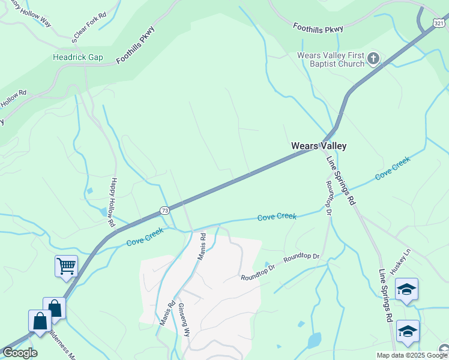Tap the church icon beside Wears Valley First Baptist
tap(373, 59)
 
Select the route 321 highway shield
tap(439, 23)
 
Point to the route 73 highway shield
tap(164, 210)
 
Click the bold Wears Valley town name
tap(318, 146)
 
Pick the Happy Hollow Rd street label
tap(112, 202)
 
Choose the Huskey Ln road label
tap(399, 262)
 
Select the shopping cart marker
tap(66, 265)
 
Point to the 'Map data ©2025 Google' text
tap(412, 355)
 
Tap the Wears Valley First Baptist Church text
tap(331, 59)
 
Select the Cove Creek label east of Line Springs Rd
tap(393, 168)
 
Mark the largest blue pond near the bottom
tap(314, 341)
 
